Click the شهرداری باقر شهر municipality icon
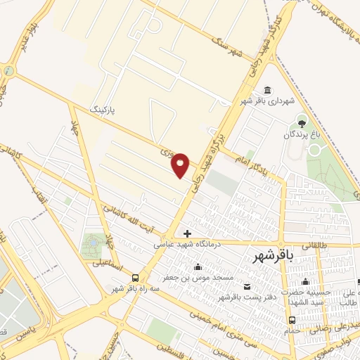pyautogui.click(x=267, y=90)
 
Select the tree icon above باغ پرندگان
pyautogui.click(x=302, y=122)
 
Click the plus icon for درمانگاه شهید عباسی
pyautogui.click(x=187, y=233)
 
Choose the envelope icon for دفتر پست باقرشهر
pyautogui.click(x=247, y=286)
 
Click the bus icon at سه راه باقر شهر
pyautogui.click(x=134, y=278)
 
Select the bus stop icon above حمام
pyautogui.click(x=290, y=320)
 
